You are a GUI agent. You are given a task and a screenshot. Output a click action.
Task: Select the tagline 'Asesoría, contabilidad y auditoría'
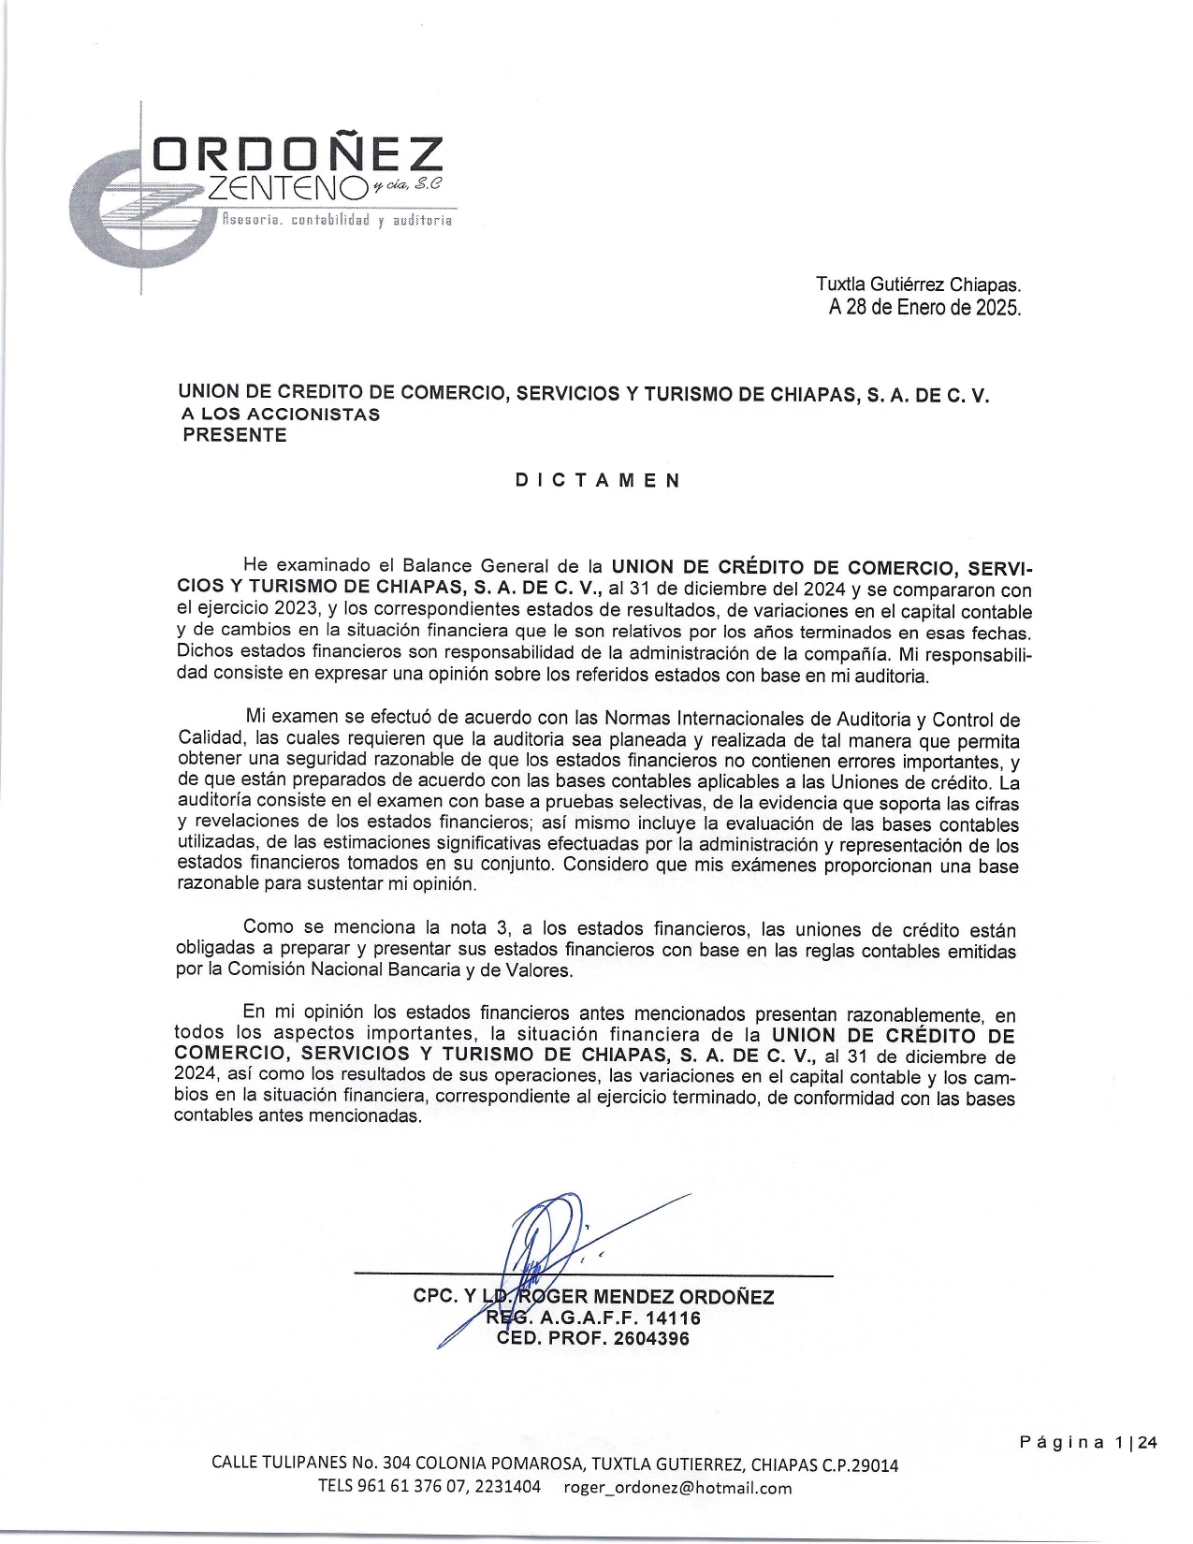336,221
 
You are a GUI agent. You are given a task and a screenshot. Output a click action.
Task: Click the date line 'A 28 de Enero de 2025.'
924,307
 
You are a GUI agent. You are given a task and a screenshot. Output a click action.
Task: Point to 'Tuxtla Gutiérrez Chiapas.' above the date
918,284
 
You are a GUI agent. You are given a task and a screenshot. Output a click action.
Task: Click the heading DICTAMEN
598,480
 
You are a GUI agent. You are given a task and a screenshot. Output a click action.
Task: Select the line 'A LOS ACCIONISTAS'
281,415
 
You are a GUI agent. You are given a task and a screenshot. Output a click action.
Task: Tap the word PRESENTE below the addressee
234,435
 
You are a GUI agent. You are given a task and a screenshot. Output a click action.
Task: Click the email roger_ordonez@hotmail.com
677,1487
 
